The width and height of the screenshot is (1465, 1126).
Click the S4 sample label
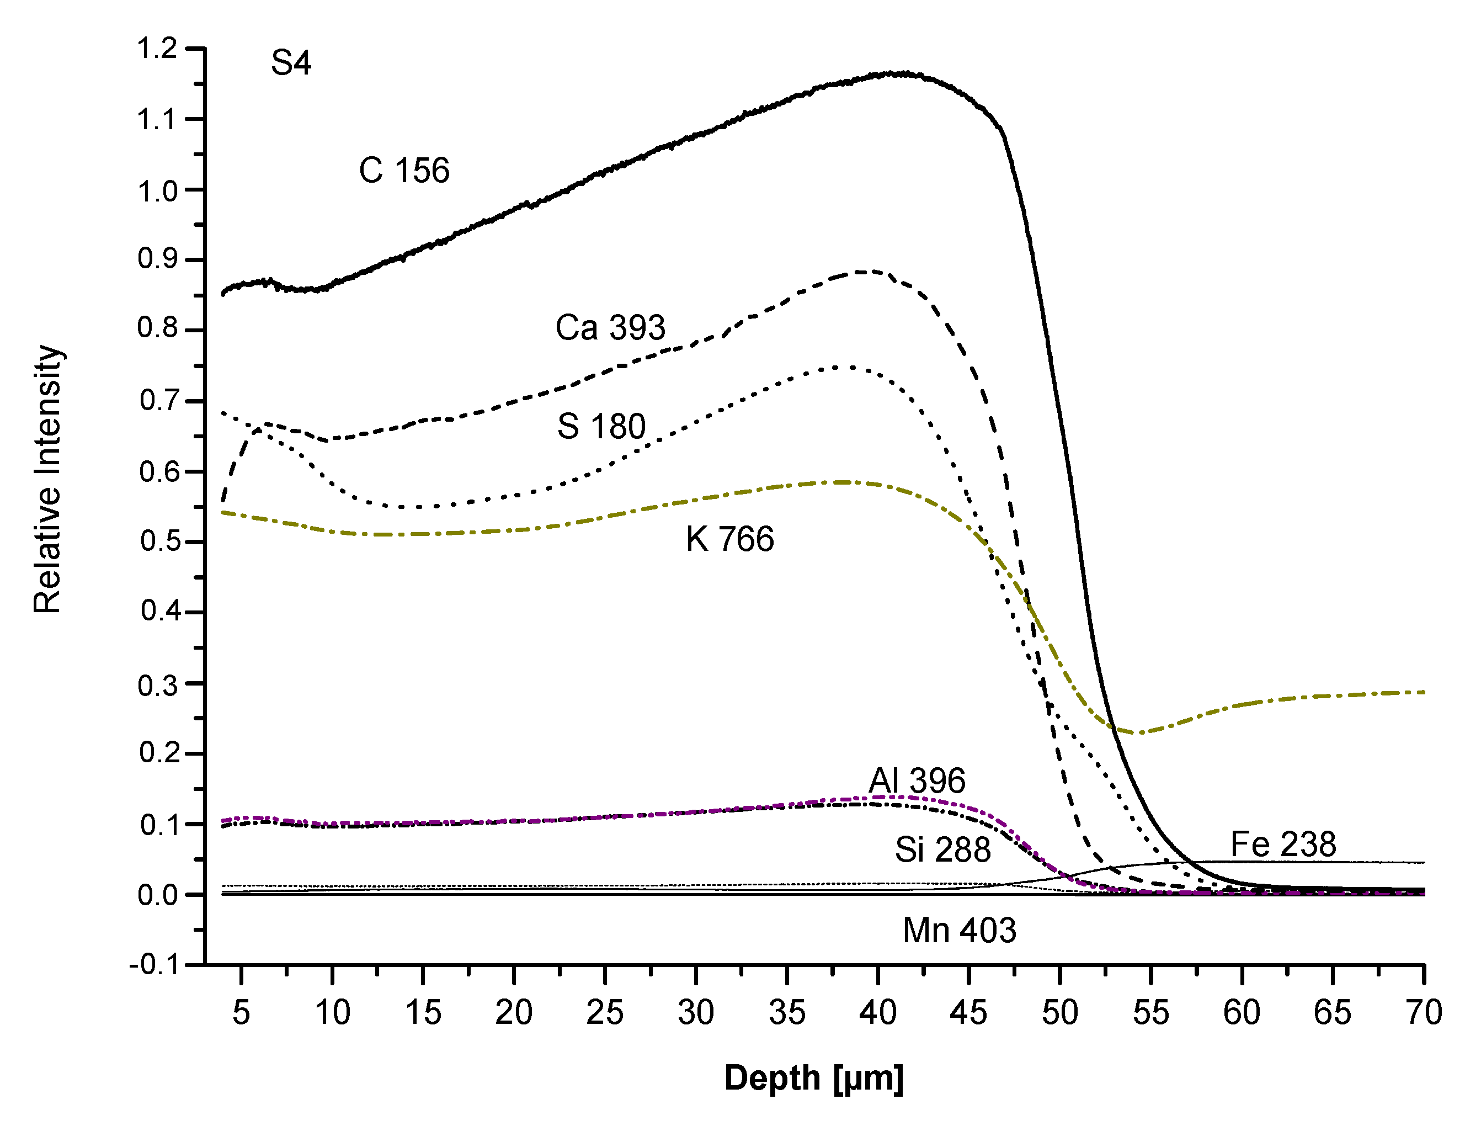click(291, 63)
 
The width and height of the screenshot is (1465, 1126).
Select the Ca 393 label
click(610, 328)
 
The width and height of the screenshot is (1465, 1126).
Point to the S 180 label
click(601, 426)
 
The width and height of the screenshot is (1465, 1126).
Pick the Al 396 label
click(917, 781)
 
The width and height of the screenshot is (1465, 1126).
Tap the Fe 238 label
click(1283, 844)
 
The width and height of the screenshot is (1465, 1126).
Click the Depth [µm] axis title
click(813, 1079)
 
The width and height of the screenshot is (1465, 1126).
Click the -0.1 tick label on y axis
click(153, 965)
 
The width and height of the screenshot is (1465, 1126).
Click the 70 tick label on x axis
click(1424, 1012)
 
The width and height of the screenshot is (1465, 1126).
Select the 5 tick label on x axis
click(241, 1012)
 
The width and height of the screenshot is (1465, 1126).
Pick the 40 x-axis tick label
click(877, 1012)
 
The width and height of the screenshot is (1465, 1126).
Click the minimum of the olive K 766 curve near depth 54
click(1139, 732)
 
